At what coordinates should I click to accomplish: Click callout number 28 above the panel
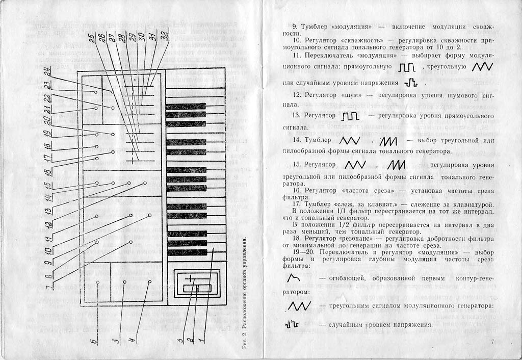click(x=120, y=39)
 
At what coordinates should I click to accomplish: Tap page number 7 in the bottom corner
click(x=493, y=341)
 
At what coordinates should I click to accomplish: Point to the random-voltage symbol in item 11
click(x=410, y=82)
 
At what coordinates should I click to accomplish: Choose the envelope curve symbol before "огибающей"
click(x=294, y=278)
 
